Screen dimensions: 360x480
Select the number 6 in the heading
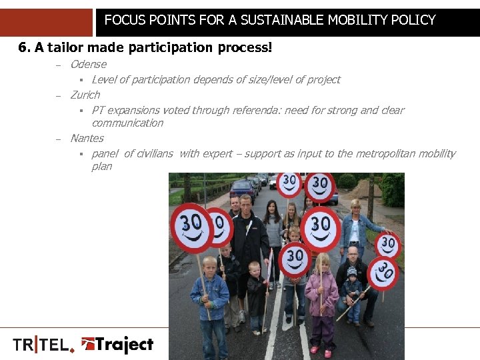[23, 48]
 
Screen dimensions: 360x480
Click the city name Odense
[88, 64]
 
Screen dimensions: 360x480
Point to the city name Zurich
[85, 95]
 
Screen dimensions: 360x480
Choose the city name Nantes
[87, 138]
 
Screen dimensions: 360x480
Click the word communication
[127, 123]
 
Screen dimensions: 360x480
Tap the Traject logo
[117, 345]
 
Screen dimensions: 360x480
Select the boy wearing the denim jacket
[209, 293]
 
